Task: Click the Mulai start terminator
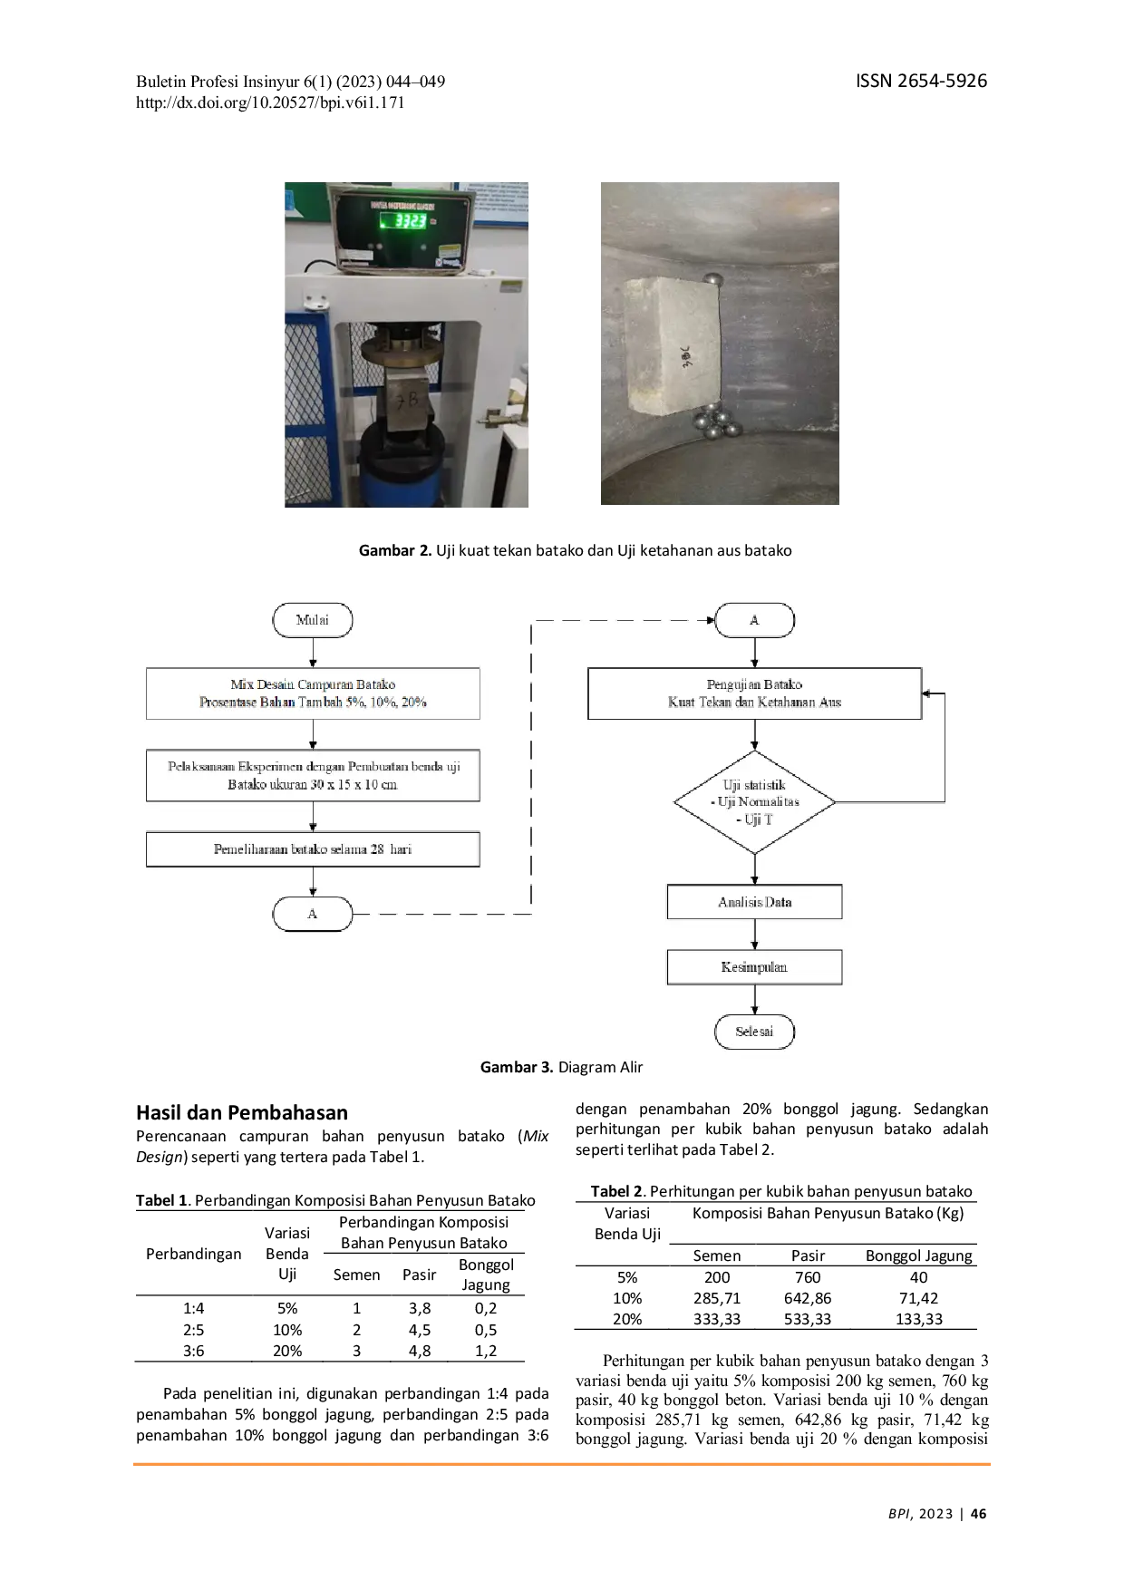click(x=312, y=620)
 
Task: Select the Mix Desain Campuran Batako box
click(x=313, y=693)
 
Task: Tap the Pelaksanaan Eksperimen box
click(x=313, y=775)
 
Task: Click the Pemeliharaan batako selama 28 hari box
click(x=313, y=849)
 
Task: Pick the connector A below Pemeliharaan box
click(x=312, y=914)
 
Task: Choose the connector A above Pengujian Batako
click(x=754, y=620)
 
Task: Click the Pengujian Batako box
click(x=754, y=693)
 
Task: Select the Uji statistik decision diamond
click(x=754, y=802)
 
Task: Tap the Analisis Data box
click(x=754, y=902)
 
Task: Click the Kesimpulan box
click(x=754, y=967)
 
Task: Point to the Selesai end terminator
click(x=754, y=1032)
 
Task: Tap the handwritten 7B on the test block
click(x=409, y=399)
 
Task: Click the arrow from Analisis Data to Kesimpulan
click(x=754, y=935)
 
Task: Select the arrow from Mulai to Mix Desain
click(x=313, y=653)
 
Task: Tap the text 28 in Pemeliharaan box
click(x=377, y=849)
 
